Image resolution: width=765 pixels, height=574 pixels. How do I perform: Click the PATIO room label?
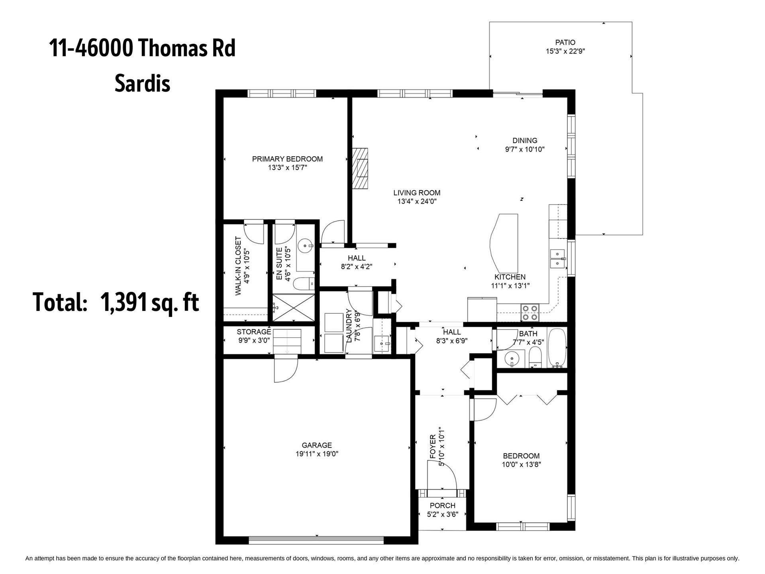coord(565,42)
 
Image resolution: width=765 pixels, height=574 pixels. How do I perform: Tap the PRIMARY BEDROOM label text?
coord(287,159)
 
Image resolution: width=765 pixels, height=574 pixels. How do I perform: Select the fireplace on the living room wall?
coord(360,168)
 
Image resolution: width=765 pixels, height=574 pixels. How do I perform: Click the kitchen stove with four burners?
coord(530,312)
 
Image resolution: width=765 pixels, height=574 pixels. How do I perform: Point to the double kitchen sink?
coord(557,259)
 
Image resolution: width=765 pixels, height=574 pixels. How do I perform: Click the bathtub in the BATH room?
coord(557,348)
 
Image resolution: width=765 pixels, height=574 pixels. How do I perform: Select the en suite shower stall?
coord(294,307)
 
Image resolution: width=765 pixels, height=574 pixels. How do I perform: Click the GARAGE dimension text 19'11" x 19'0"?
coord(317,454)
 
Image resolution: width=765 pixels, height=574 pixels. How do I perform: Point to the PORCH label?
coord(442,506)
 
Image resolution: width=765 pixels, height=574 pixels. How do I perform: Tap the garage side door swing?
coord(286,369)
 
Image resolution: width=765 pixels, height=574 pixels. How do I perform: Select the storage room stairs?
coord(287,341)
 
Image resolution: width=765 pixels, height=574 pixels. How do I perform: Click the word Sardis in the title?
coord(143,84)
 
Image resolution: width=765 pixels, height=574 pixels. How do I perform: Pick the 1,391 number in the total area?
coord(124,302)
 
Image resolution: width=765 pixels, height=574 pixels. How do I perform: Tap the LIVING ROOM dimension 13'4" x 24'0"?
coord(417,202)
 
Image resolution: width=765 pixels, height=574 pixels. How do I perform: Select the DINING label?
coord(525,140)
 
